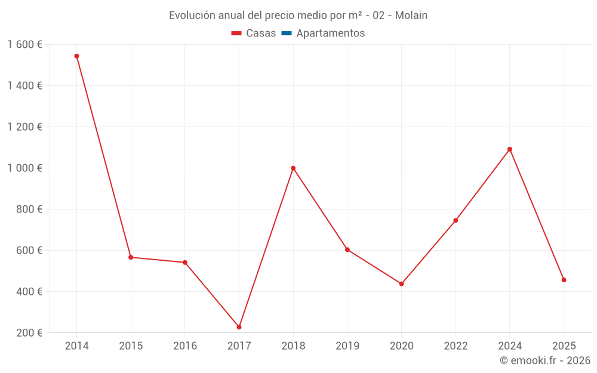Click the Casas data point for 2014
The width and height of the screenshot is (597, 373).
pyautogui.click(x=76, y=56)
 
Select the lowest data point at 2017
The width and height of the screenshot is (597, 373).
pyautogui.click(x=239, y=327)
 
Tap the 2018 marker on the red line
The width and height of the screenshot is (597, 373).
pyautogui.click(x=293, y=168)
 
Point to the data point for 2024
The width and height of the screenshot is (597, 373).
pyautogui.click(x=510, y=149)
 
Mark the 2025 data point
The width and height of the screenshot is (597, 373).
pyautogui.click(x=564, y=280)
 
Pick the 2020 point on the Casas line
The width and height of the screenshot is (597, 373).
pyautogui.click(x=401, y=284)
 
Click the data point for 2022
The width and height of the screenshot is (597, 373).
pyautogui.click(x=456, y=220)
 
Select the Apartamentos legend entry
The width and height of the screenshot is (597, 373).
pyautogui.click(x=330, y=33)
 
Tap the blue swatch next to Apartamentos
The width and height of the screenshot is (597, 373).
pyautogui.click(x=286, y=33)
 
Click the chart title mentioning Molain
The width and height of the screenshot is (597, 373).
pyautogui.click(x=298, y=16)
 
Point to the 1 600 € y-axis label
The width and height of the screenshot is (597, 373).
pyautogui.click(x=24, y=45)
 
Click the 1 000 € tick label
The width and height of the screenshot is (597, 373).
pyautogui.click(x=24, y=168)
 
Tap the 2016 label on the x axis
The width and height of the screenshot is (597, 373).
pyautogui.click(x=185, y=346)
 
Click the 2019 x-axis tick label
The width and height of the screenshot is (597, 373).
pyautogui.click(x=347, y=346)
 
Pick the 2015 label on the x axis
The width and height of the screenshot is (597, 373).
pyautogui.click(x=131, y=346)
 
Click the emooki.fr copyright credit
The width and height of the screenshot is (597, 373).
pyautogui.click(x=544, y=360)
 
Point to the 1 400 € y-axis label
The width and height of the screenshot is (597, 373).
pyautogui.click(x=24, y=86)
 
